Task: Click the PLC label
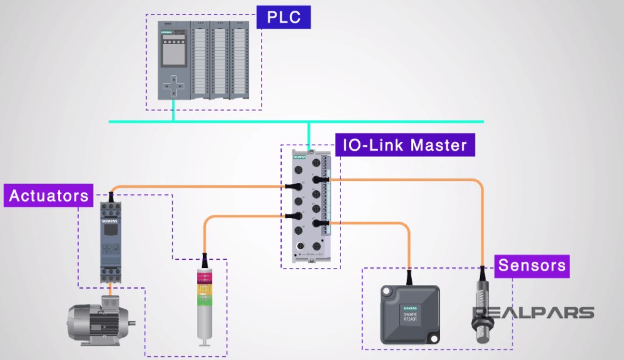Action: [284, 17]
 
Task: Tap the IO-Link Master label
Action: [405, 145]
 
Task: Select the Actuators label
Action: [49, 195]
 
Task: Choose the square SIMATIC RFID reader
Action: [410, 314]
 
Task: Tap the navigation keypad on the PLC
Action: [173, 86]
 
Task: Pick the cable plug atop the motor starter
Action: [111, 198]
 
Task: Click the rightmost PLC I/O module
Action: [238, 60]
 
